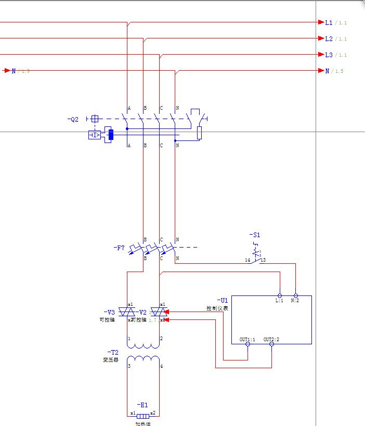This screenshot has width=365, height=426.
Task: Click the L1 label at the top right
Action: [329, 22]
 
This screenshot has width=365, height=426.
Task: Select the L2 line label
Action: [329, 38]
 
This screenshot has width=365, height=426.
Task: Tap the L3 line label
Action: [329, 55]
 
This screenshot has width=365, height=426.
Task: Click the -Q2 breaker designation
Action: [73, 119]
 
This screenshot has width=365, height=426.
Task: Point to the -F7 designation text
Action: [119, 248]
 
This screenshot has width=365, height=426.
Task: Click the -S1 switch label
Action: [254, 235]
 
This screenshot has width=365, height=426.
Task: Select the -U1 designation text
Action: [222, 301]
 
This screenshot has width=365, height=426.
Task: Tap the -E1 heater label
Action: [142, 405]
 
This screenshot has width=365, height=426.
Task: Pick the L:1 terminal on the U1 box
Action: [280, 295]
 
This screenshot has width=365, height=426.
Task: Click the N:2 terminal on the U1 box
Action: [296, 295]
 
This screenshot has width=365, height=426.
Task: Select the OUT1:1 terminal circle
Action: [247, 344]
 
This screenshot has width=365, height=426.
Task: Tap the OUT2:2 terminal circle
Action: [271, 344]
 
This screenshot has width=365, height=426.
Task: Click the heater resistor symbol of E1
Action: [142, 416]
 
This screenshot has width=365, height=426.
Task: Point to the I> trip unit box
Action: [95, 135]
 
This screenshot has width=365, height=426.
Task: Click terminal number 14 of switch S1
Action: [247, 260]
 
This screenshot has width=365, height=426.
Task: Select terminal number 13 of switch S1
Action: [263, 260]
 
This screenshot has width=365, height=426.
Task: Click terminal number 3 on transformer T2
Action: [129, 366]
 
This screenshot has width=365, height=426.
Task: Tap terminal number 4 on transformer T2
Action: [161, 366]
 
